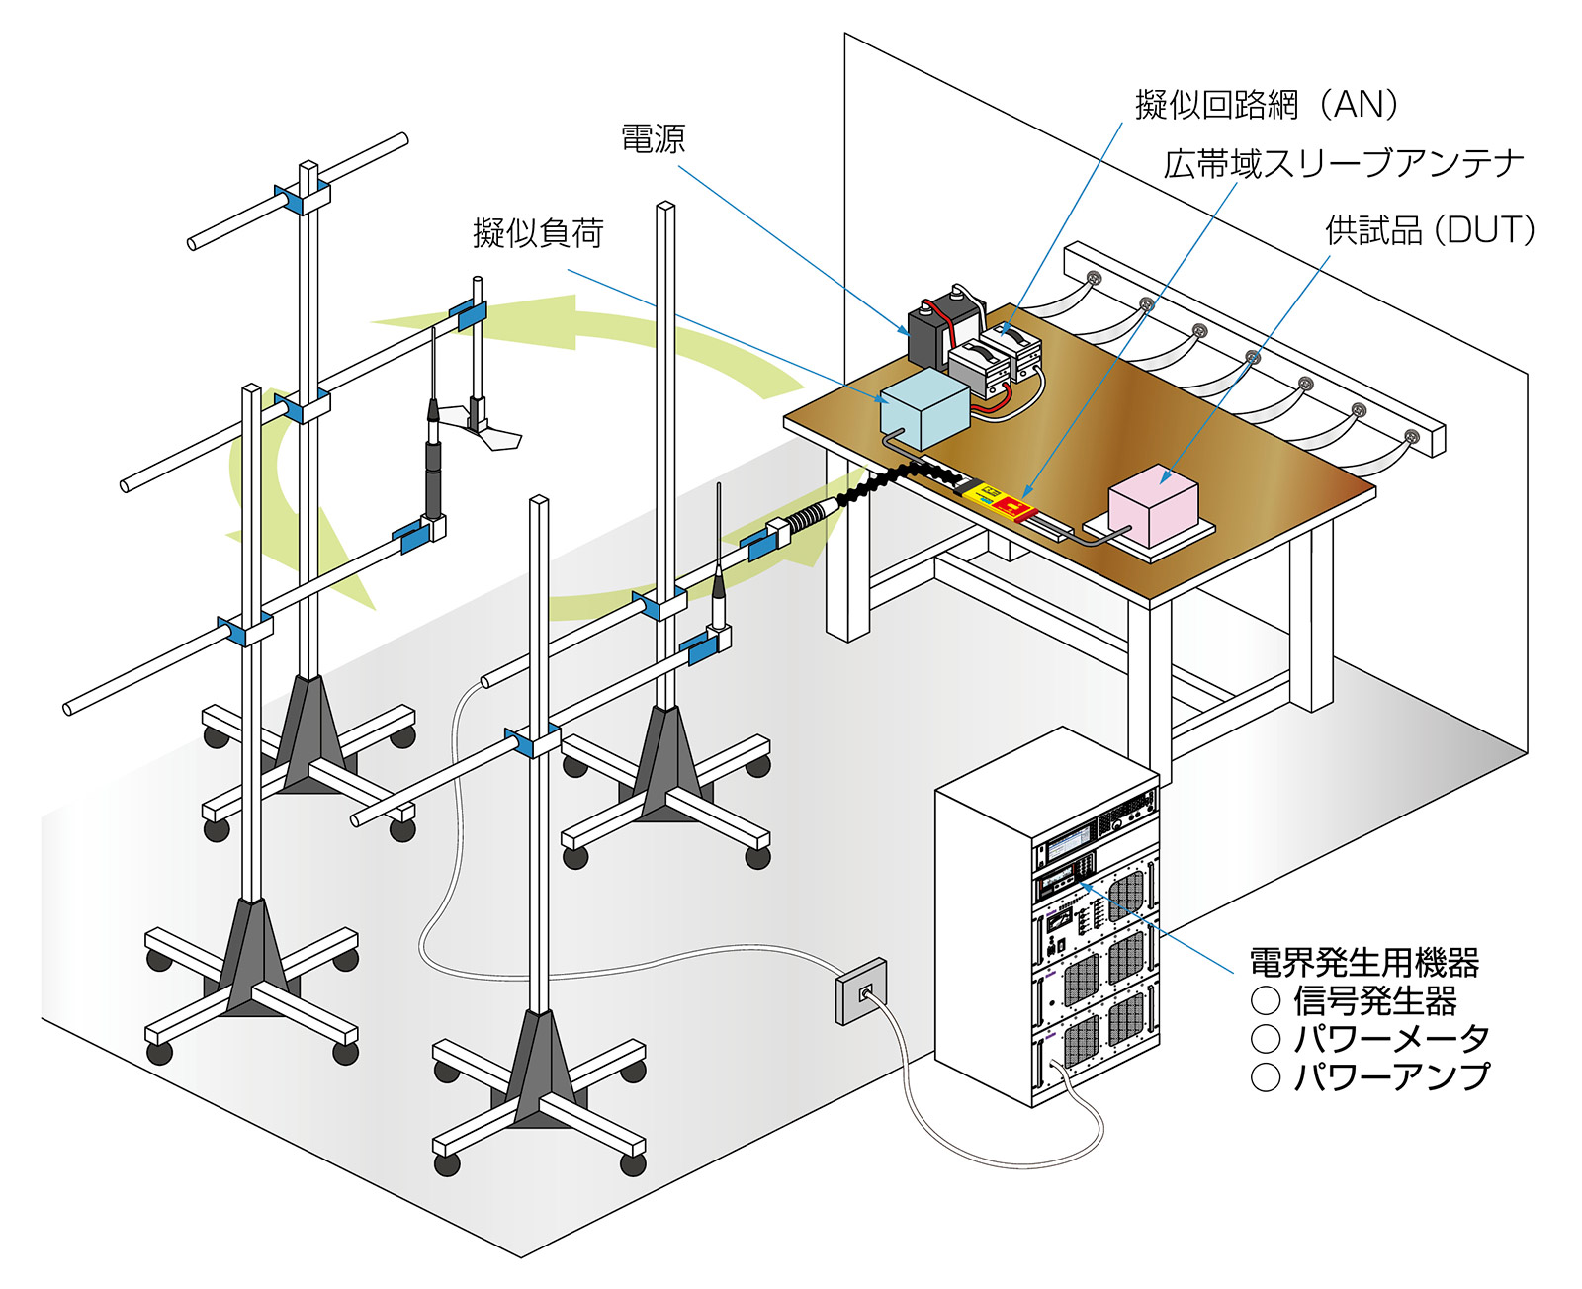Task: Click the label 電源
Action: [653, 139]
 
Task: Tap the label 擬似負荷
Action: [538, 233]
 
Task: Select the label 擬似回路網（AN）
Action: [1268, 104]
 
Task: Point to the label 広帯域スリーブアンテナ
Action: [1344, 164]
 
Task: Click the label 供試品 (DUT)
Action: [1430, 230]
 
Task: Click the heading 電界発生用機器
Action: [1363, 961]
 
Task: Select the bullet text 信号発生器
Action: [1374, 1000]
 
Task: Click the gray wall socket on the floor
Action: [860, 992]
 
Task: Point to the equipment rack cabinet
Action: [1046, 919]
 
